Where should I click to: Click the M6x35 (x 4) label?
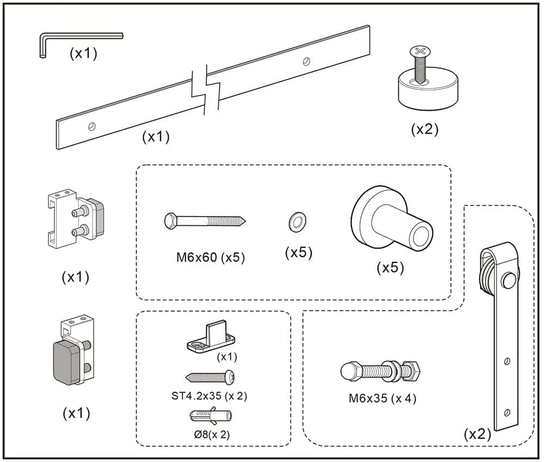point(382,398)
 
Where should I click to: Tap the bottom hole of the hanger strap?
point(507,412)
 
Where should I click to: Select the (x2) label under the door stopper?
point(424,129)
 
